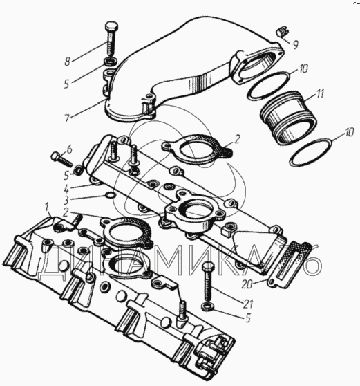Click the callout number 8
(68, 62)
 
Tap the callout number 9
(295, 44)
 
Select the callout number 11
(320, 94)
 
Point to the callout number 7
(67, 119)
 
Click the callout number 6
(69, 149)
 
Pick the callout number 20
(247, 285)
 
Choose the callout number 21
(247, 304)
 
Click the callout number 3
(66, 201)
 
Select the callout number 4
(66, 190)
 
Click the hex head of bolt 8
(111, 26)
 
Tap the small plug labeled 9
(281, 33)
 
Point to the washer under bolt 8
(111, 62)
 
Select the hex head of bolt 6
(55, 156)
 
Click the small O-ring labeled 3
(110, 196)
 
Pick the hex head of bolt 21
(208, 266)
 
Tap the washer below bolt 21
(207, 306)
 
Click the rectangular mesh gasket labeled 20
(290, 265)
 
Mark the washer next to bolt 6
(79, 170)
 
